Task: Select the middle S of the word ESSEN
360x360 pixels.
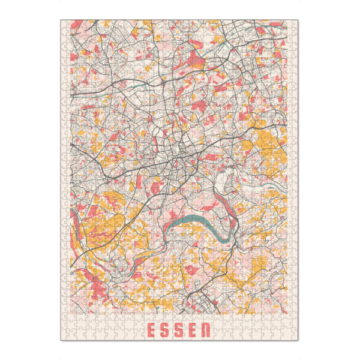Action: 179,330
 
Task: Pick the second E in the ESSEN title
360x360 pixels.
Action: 194,330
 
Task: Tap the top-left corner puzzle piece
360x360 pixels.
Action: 65,25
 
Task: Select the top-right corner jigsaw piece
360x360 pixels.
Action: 295,25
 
